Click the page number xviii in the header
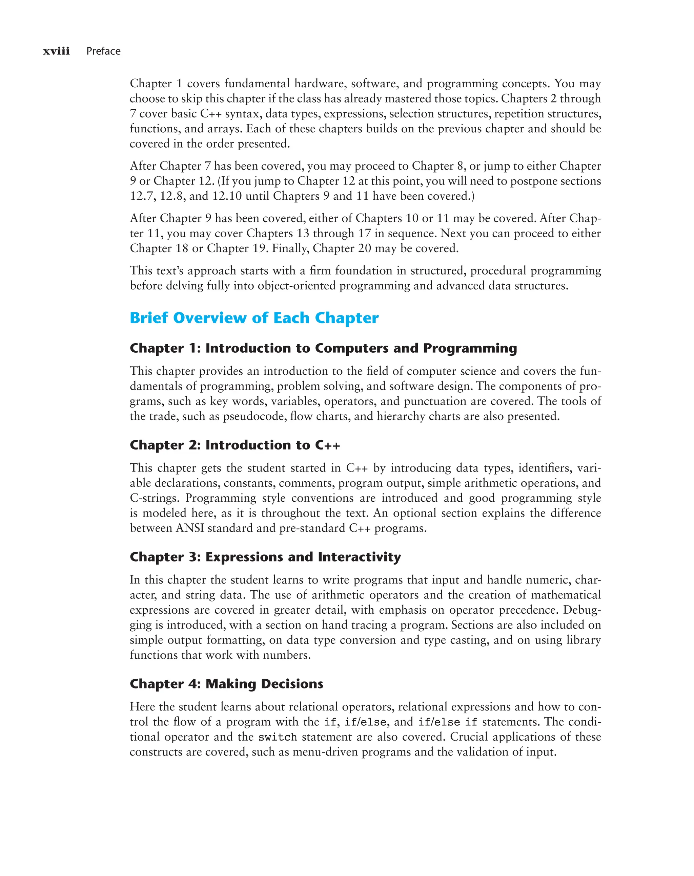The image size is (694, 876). (x=57, y=51)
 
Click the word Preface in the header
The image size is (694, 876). (x=103, y=51)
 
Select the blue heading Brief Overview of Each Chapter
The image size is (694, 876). (x=254, y=318)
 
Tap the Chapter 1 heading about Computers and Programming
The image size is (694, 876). (x=323, y=348)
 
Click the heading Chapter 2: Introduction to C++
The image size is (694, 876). (x=234, y=445)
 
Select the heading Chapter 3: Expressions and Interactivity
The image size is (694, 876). (x=265, y=557)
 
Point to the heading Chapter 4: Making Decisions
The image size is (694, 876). (x=226, y=684)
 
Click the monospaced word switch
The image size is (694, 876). (x=278, y=737)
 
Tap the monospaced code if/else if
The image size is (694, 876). (x=447, y=722)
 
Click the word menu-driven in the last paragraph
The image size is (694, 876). (x=325, y=752)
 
